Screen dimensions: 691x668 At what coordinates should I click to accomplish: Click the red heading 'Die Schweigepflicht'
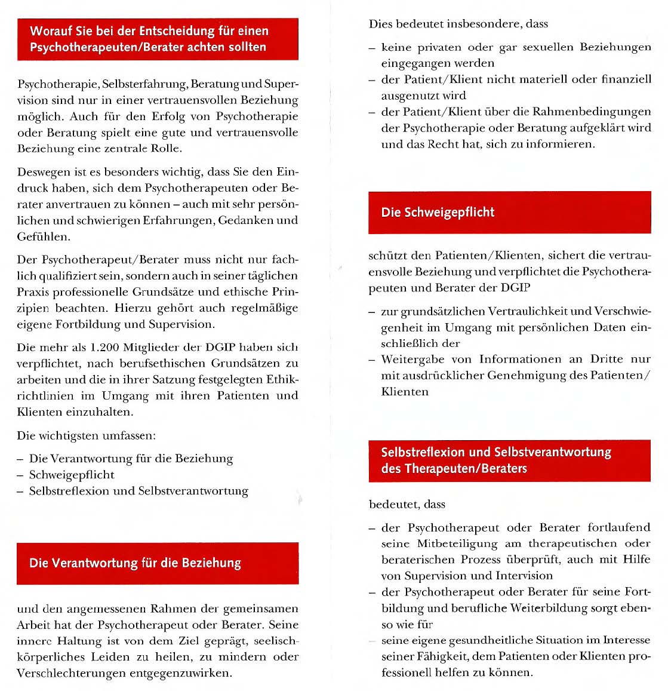click(438, 213)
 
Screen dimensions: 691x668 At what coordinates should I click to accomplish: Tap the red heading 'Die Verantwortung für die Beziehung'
click(135, 563)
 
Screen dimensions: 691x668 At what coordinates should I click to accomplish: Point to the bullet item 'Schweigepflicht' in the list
click(72, 475)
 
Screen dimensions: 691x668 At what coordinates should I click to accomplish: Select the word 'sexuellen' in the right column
click(549, 47)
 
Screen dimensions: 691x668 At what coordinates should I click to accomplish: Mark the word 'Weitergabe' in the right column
click(411, 359)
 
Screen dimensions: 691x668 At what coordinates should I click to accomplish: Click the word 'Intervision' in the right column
click(524, 576)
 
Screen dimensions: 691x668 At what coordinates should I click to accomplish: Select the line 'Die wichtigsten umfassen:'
click(86, 435)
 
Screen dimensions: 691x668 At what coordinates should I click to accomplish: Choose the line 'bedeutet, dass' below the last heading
click(407, 504)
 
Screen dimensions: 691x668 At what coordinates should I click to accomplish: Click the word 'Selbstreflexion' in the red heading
click(423, 452)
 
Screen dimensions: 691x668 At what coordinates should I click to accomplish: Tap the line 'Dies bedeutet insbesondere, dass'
click(458, 24)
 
